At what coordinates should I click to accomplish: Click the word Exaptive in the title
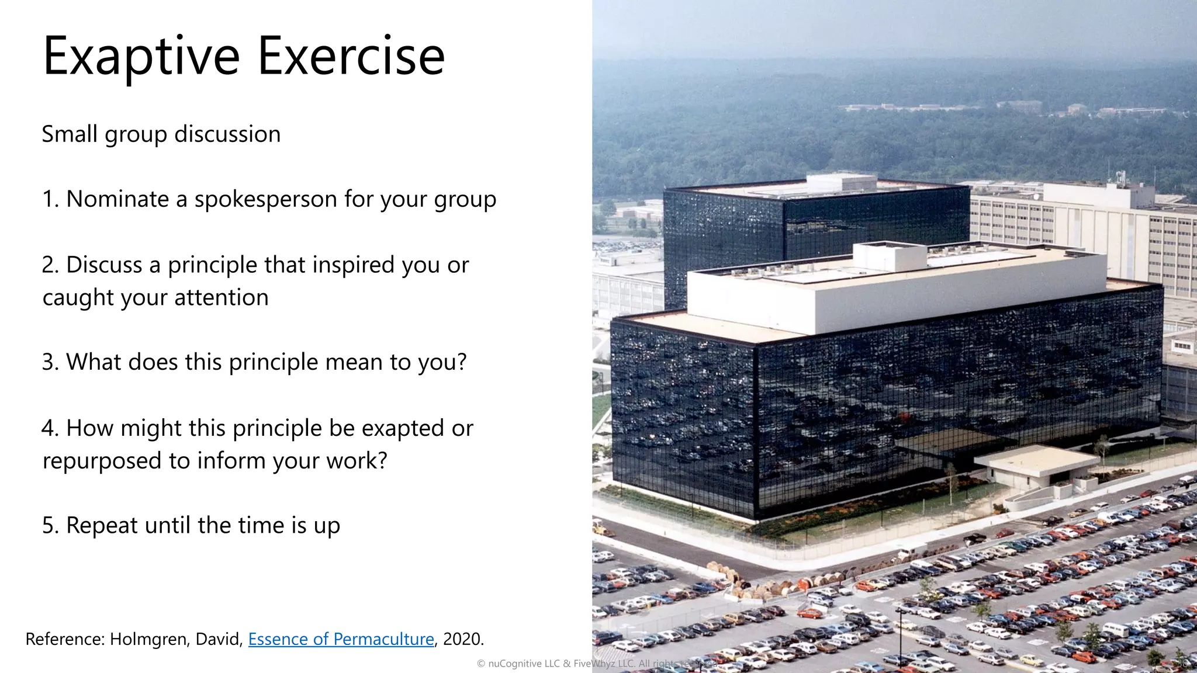click(141, 57)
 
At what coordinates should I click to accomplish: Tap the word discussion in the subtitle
click(227, 134)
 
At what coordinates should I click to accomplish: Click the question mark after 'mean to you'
click(462, 362)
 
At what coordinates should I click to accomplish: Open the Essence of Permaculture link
click(341, 639)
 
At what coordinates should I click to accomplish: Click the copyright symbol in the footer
click(481, 664)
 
